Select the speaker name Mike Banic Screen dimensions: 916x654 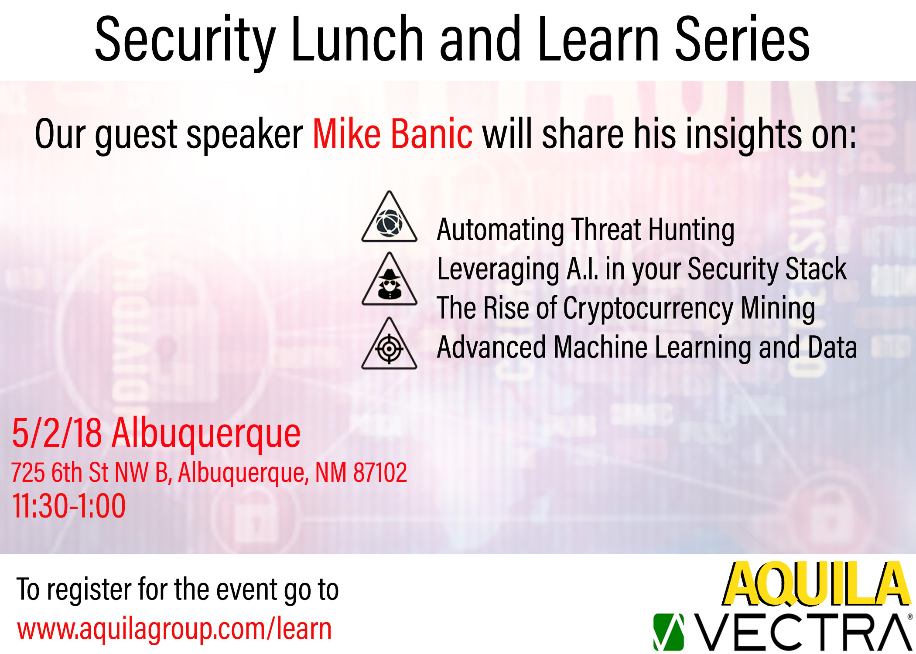(393, 133)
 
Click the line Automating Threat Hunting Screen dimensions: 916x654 (585, 230)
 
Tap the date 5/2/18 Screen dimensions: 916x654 (57, 433)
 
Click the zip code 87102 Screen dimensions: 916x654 (380, 472)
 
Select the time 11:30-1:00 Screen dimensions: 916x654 (69, 506)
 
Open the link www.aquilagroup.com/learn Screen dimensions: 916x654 (174, 629)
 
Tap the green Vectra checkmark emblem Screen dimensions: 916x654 (668, 632)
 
